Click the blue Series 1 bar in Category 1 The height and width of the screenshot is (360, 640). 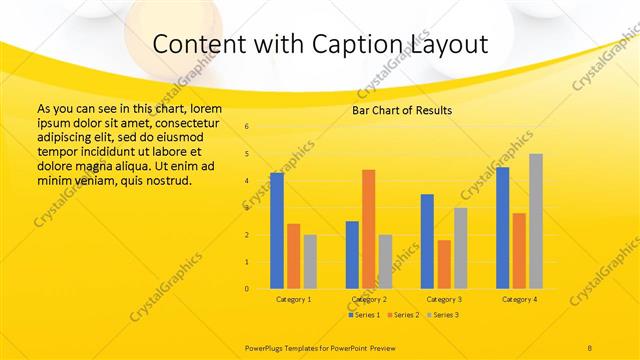tap(276, 231)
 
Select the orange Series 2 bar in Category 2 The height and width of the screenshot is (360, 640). tap(368, 229)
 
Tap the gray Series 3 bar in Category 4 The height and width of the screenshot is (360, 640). tap(536, 221)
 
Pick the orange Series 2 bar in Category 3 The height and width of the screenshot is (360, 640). tap(443, 264)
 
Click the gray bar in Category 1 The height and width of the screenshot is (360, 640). tap(310, 262)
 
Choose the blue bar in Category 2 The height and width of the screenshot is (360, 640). tap(352, 255)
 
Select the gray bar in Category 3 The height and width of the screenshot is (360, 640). tap(460, 248)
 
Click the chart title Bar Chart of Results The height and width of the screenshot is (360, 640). tap(402, 110)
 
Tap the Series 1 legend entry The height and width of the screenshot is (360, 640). tap(363, 315)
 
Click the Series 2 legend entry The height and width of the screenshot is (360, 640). tap(403, 315)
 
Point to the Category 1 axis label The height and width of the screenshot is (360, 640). tap(293, 299)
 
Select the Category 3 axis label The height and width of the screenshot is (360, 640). tap(444, 299)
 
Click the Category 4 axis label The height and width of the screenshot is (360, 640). tap(519, 299)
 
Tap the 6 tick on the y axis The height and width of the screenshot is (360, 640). tap(247, 127)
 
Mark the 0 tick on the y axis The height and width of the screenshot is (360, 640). tap(247, 289)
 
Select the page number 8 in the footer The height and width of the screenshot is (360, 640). tap(590, 346)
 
